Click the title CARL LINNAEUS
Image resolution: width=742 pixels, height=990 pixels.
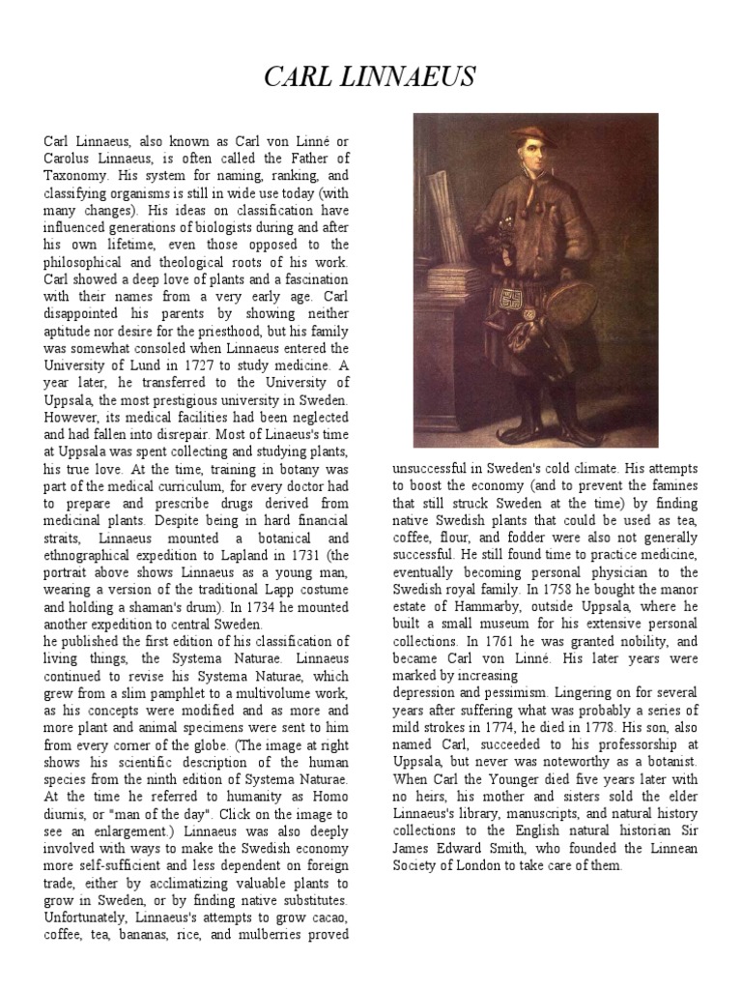(x=370, y=78)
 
